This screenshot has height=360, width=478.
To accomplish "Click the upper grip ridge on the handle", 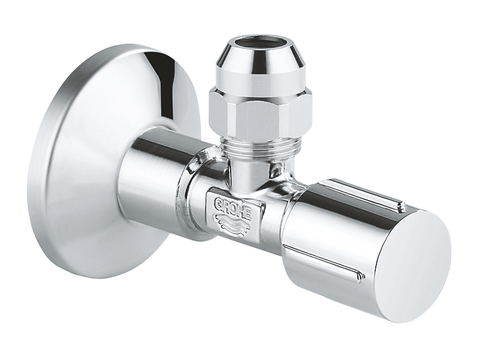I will (x=364, y=192).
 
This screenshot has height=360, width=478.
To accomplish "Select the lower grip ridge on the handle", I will (x=323, y=263).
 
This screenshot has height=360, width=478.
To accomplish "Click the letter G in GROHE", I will (x=219, y=199).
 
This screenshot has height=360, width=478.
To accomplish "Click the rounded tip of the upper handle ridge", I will (x=402, y=205).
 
